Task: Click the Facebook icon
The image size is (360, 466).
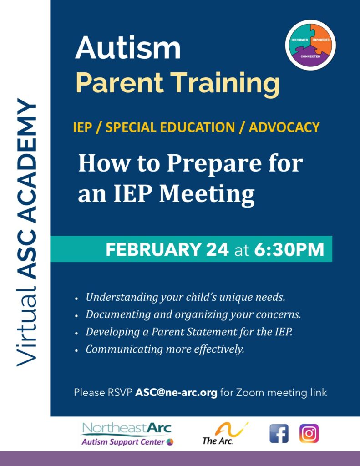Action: tap(279, 433)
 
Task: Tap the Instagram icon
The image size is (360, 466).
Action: tap(309, 433)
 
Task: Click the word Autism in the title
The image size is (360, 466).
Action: tap(128, 49)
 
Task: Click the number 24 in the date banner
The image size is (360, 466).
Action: tap(216, 249)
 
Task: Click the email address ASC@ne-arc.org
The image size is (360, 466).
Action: tap(176, 392)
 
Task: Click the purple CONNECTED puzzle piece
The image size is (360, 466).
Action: tap(311, 56)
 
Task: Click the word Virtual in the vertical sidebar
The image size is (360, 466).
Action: tap(26, 323)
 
